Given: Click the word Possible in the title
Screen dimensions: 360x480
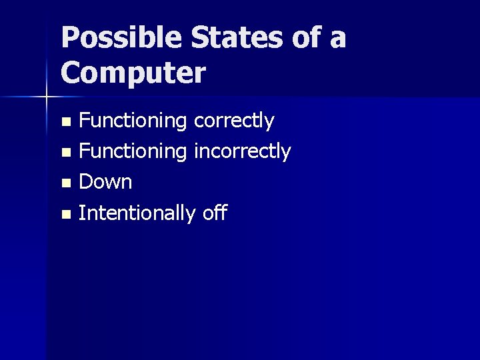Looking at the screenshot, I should point(120,38).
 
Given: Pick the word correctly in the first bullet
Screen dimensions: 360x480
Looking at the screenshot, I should point(233,121).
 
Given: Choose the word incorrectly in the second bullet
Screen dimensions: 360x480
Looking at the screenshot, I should point(242,152).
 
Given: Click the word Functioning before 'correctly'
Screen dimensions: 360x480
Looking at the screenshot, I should point(133,121).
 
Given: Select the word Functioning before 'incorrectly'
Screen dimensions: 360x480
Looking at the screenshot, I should point(133,152).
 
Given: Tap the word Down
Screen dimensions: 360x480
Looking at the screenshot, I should point(105,182).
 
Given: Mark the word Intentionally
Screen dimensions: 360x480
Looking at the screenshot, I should point(137,213).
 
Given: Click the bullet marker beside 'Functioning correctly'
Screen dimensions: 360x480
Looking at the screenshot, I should point(65,122).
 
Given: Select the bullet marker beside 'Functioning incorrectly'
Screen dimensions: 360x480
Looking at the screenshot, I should point(65,153).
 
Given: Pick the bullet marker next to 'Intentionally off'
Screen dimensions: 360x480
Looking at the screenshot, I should point(65,214).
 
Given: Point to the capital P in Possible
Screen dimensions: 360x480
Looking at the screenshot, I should point(69,38).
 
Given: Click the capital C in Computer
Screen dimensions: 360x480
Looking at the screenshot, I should point(71,73).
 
